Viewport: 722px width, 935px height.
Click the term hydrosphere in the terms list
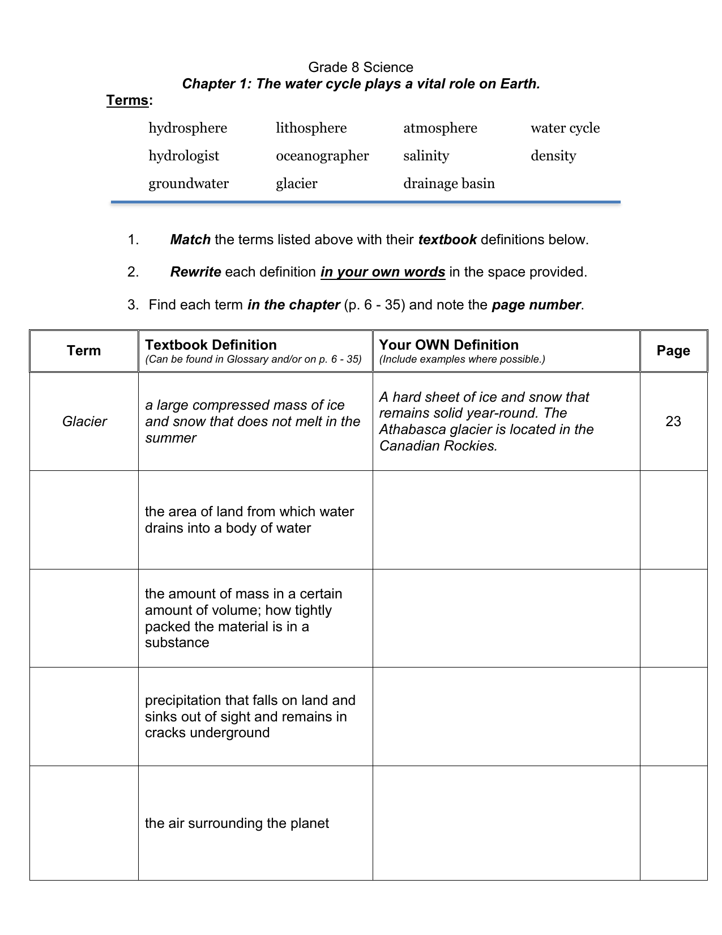187,128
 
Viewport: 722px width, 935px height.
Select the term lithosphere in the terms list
311,128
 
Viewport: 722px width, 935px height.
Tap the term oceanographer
322,156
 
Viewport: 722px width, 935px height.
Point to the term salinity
426,156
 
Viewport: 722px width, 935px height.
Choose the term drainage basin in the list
448,184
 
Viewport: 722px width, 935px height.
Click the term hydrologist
183,156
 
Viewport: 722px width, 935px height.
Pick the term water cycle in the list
565,128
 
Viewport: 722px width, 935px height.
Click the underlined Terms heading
128,101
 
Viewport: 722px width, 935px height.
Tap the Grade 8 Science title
361,67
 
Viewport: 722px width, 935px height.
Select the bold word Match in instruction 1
190,240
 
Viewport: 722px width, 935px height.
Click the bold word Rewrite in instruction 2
195,272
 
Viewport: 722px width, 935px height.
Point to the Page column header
673,351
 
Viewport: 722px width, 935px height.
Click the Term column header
84,351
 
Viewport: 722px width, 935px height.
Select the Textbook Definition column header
211,345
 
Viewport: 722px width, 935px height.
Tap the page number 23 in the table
673,421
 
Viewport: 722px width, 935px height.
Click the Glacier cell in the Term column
84,421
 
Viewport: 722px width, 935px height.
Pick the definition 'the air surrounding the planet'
237,823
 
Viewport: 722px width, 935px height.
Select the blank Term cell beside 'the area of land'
84,520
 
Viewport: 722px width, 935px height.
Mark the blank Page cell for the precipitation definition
673,716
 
